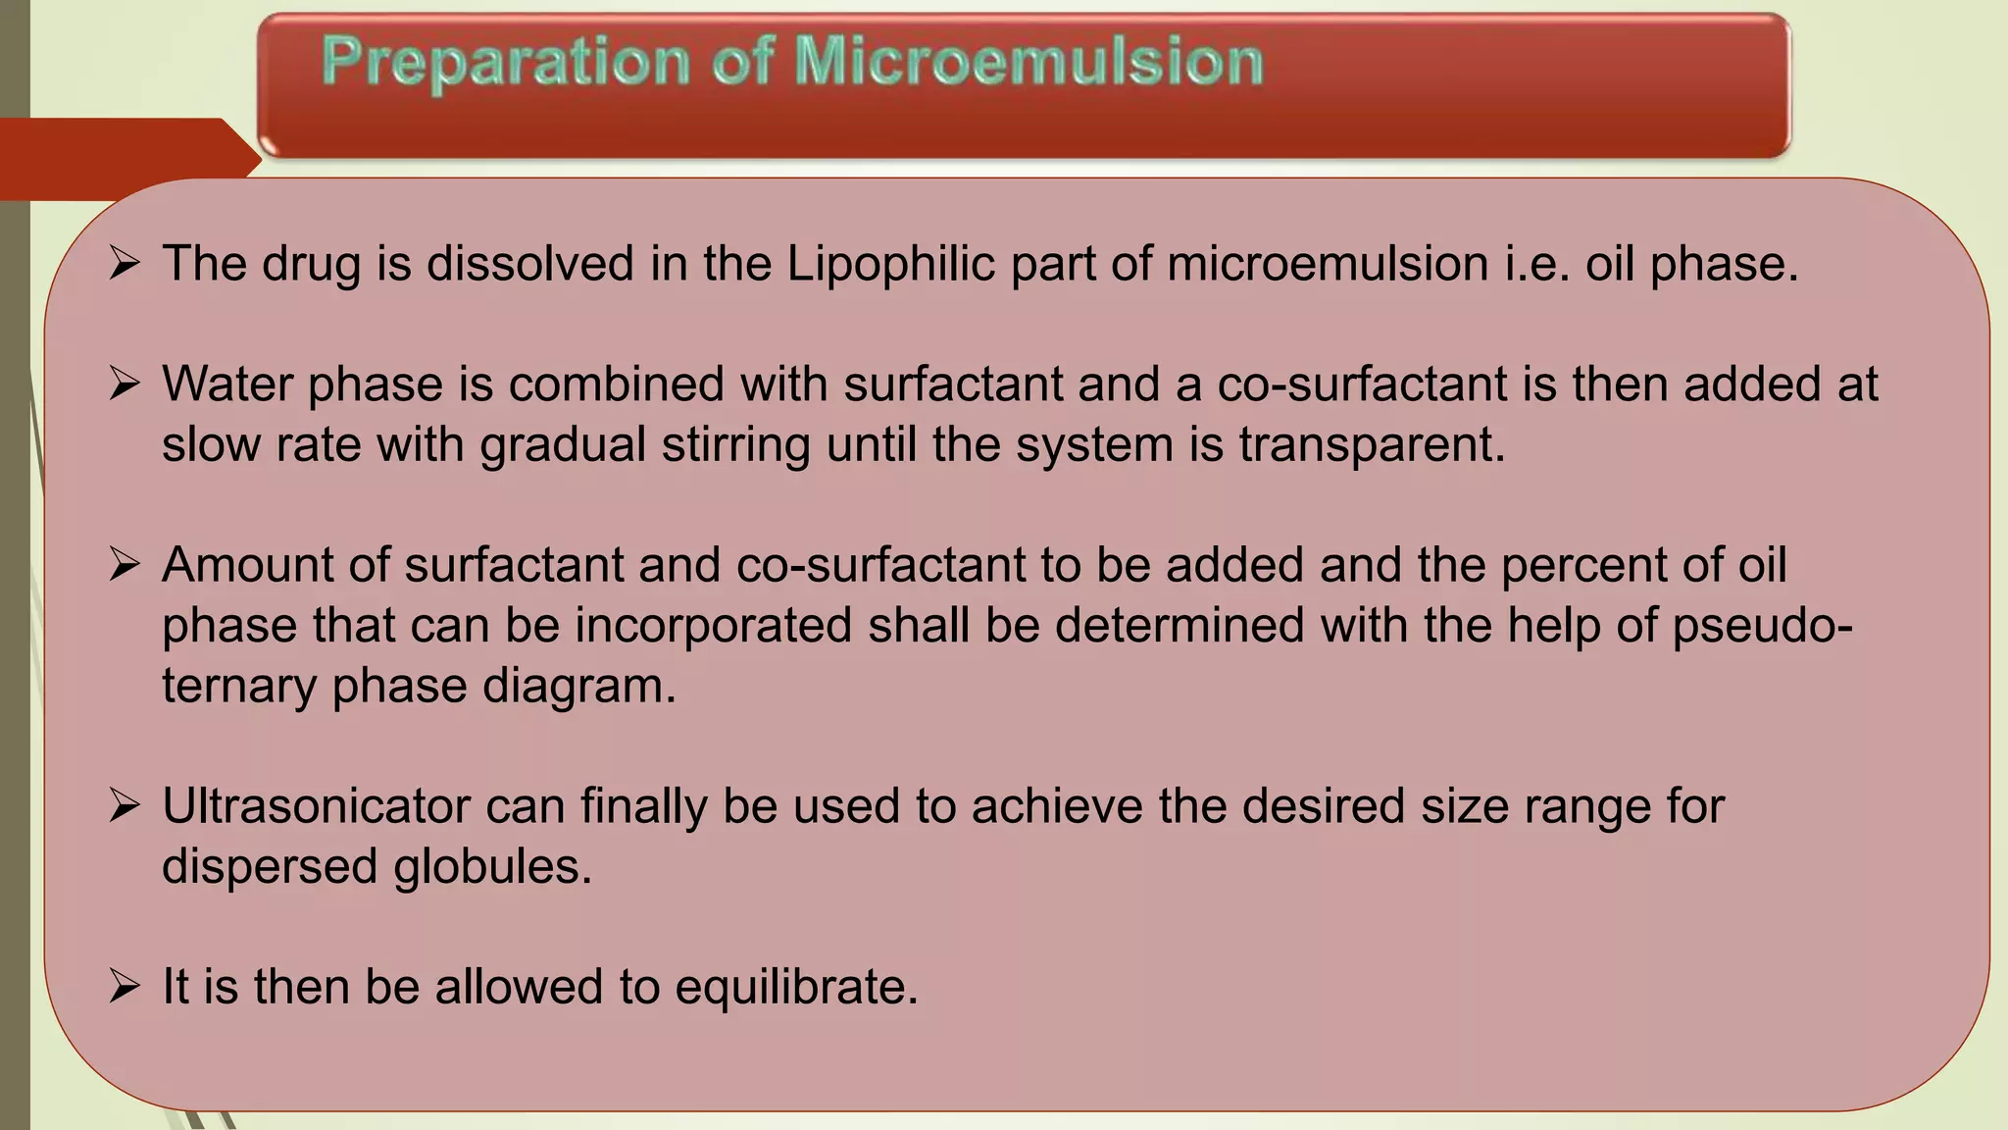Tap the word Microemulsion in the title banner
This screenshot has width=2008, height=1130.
(x=1029, y=63)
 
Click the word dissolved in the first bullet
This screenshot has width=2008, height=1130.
(x=530, y=264)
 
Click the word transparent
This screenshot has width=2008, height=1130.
(x=1372, y=444)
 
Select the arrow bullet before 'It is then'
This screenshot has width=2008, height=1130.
(x=125, y=986)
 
